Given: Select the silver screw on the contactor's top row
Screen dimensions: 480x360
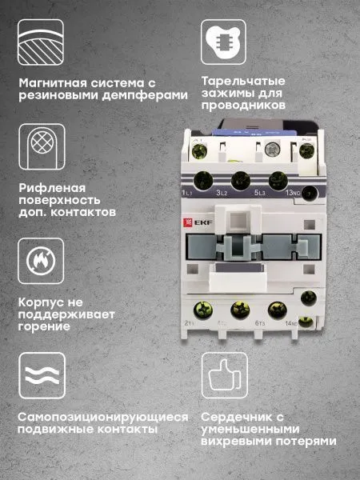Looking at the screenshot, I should click(273, 149).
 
